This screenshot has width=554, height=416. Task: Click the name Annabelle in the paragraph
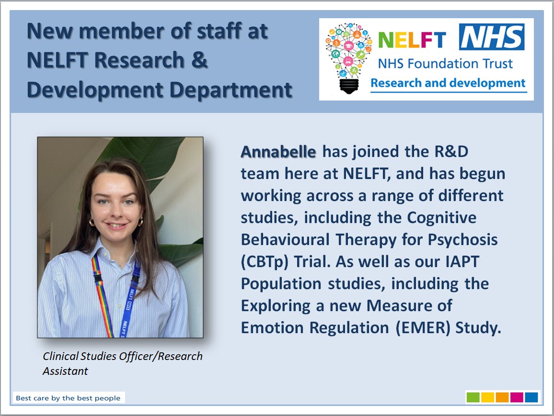278,152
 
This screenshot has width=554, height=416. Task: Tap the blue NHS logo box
492,37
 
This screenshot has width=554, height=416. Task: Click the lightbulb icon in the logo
348,56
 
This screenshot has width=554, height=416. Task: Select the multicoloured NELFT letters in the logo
412,40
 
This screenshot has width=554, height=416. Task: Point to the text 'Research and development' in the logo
448,83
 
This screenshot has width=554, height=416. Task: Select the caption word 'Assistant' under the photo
65,371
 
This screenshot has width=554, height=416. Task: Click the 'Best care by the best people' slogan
68,398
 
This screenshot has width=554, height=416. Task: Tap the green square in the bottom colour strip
473,397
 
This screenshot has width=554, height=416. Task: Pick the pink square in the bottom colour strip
516,397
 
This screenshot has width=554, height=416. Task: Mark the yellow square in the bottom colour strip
487,397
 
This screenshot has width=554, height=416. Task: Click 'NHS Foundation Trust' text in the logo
445,63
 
